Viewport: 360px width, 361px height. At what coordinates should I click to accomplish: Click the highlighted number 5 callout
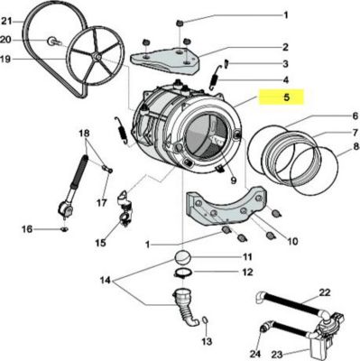286,97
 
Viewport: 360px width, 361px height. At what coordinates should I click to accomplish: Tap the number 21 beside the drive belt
6,21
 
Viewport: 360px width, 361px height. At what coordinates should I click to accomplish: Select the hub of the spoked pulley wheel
97,56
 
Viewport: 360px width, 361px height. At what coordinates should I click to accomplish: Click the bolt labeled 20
53,42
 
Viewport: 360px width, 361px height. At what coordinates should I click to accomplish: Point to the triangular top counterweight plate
165,60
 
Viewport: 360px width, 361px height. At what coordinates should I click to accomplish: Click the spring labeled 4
214,78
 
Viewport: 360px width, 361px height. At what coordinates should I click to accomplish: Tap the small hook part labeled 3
226,63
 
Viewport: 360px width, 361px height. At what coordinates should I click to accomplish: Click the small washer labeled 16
64,229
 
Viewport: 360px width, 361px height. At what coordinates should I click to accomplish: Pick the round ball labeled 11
182,258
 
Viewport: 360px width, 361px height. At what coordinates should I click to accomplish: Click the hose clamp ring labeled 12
183,273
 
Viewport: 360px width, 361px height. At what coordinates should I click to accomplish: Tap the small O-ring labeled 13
205,320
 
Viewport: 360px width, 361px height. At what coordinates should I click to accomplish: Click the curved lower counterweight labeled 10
227,207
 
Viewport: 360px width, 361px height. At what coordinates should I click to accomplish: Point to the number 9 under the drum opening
233,180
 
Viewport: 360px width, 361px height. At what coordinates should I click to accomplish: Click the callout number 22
324,292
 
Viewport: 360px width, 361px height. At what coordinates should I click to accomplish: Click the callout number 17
101,202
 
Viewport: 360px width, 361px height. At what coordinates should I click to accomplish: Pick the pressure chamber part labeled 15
125,209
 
